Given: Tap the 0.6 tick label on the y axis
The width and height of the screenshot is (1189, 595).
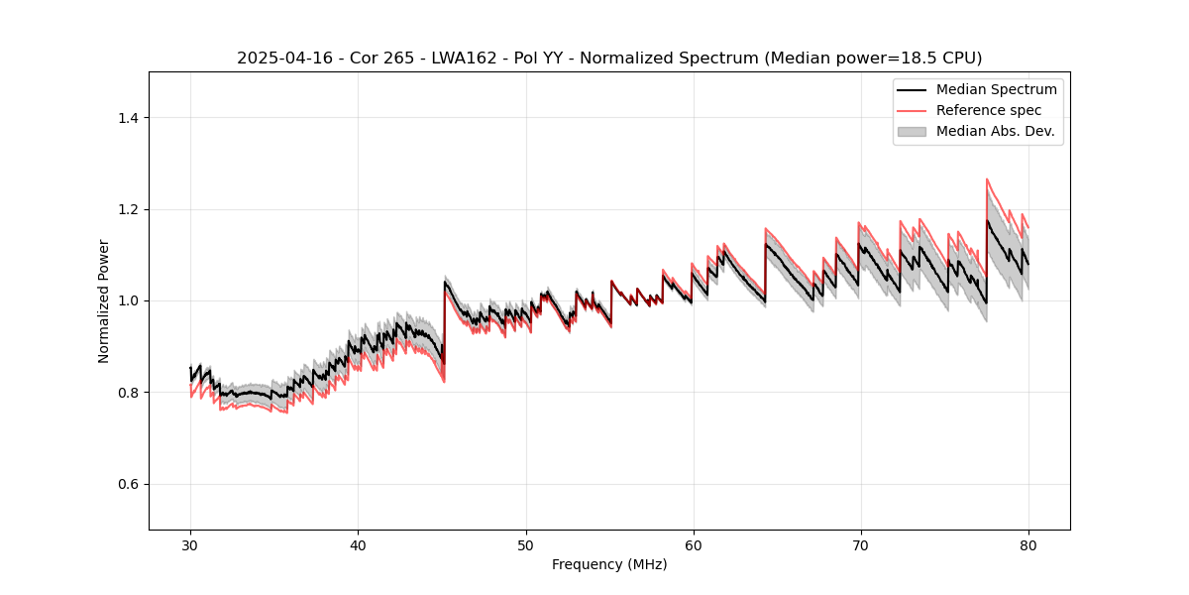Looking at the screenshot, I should click(x=128, y=484).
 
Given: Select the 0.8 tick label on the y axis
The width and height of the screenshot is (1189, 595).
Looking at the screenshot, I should click(x=128, y=393).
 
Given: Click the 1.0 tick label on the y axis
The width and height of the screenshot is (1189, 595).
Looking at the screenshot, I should click(x=128, y=300).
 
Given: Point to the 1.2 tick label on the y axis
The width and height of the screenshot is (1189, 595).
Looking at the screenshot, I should click(x=128, y=209).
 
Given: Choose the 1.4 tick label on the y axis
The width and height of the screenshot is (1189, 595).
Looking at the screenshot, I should click(x=128, y=118).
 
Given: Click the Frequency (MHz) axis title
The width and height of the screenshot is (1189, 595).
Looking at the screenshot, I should click(x=609, y=564).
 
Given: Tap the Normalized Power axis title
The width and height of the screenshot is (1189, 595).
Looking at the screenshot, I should click(x=104, y=300).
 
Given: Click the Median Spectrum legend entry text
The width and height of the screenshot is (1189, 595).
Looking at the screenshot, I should click(x=996, y=89).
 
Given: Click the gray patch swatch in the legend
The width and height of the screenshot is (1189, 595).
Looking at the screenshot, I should click(x=912, y=131).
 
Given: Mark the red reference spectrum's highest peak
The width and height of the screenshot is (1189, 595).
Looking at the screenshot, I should click(x=987, y=179).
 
